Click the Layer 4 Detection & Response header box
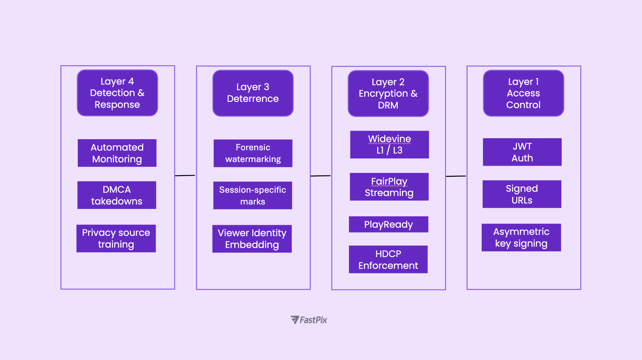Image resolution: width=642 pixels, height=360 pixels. click(117, 93)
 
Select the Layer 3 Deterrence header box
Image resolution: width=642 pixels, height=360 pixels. click(253, 93)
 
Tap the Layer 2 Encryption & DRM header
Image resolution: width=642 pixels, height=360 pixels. click(388, 93)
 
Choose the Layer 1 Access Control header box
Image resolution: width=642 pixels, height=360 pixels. click(523, 93)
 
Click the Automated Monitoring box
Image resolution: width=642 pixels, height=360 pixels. click(117, 153)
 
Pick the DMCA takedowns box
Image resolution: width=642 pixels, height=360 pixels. click(117, 195)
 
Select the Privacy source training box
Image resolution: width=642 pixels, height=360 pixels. click(116, 238)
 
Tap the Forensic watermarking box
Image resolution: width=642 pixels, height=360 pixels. click(253, 153)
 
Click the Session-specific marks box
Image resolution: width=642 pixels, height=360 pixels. click(252, 195)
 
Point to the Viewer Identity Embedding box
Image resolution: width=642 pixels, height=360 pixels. click(252, 238)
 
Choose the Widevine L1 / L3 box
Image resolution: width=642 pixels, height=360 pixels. click(389, 144)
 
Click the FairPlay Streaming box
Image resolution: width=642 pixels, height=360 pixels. click(389, 187)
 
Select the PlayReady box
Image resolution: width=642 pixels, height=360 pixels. click(388, 224)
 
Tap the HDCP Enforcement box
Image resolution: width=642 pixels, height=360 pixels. click(388, 259)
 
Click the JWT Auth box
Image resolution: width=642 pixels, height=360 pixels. click(522, 152)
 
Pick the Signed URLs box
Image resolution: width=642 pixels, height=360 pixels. click(522, 194)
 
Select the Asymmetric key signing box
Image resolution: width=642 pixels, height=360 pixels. click(521, 237)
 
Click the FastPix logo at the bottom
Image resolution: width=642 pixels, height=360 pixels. click(309, 320)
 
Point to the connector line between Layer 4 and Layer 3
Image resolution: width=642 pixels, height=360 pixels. click(185, 175)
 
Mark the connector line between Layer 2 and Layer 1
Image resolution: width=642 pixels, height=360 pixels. click(456, 176)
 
